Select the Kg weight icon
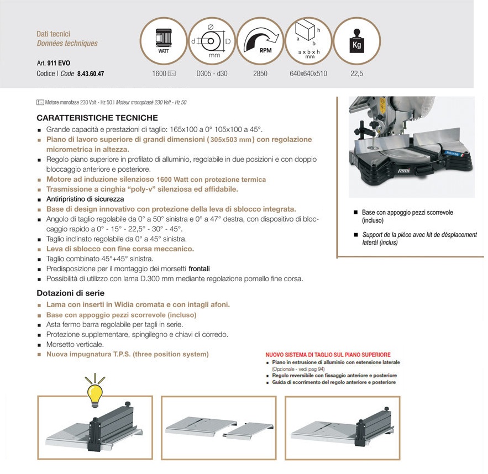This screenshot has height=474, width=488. pos(356,42)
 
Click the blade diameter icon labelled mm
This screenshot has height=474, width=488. pos(212,41)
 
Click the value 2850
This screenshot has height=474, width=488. pos(260,73)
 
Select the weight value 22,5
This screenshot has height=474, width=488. pos(356,73)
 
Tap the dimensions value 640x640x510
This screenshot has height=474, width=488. pos(308,73)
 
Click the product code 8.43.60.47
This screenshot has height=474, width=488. pos(91,73)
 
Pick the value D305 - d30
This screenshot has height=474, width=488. pos(212,73)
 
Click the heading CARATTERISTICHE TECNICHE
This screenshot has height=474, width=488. pos(97,118)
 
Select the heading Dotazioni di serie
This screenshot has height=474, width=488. pos(70,293)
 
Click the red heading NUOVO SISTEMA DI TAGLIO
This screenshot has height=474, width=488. pos(328,355)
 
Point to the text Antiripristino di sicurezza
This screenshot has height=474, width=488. pos(85,199)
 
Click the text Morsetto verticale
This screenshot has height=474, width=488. pos(75,344)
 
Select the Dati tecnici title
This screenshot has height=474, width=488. pos(53,34)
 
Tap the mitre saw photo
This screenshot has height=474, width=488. pos(412,147)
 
